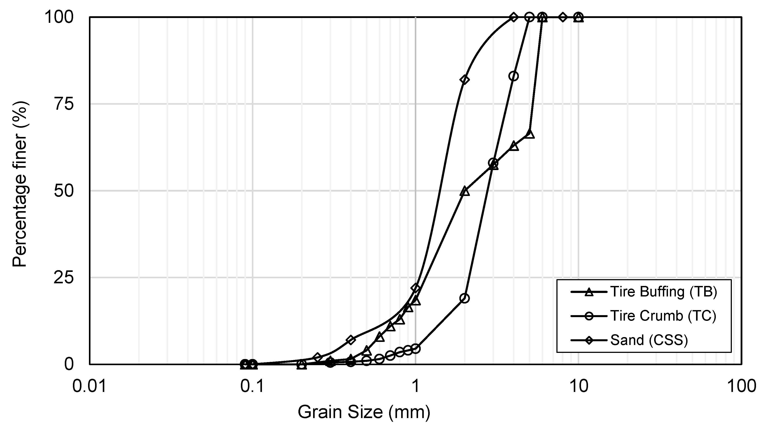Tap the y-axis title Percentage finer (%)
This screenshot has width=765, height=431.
(x=20, y=184)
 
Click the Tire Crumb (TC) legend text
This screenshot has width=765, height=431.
(x=663, y=316)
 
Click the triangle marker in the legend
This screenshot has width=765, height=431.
(x=589, y=292)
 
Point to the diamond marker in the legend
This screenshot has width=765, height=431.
(x=589, y=340)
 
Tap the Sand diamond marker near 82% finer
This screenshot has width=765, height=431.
(x=464, y=80)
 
